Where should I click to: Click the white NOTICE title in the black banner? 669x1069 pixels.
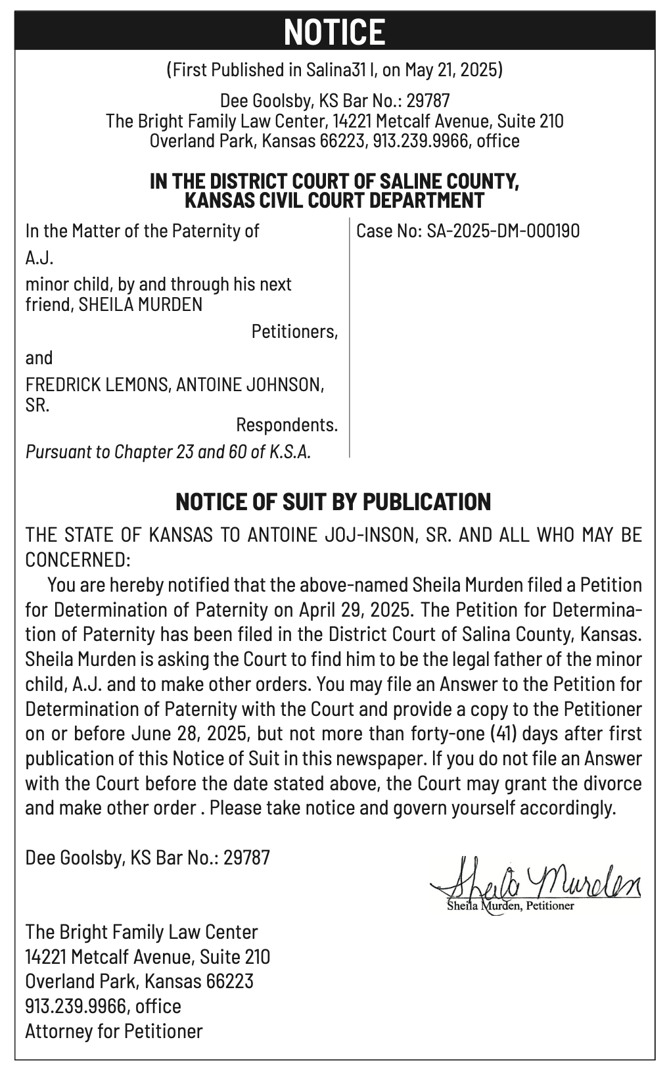coord(334,32)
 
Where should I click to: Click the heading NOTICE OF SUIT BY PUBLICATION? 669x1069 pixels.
coord(334,502)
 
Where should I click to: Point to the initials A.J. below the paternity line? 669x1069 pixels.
coord(39,258)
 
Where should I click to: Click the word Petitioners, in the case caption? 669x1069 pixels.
coord(294,331)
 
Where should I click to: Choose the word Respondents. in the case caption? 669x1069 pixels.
coord(287,425)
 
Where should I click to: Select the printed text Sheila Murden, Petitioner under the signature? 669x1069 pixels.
coord(510,907)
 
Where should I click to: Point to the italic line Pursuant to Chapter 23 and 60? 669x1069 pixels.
coord(168,452)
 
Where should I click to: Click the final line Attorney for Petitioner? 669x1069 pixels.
coord(114,1031)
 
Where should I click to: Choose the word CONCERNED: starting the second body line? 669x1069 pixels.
coord(78,559)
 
